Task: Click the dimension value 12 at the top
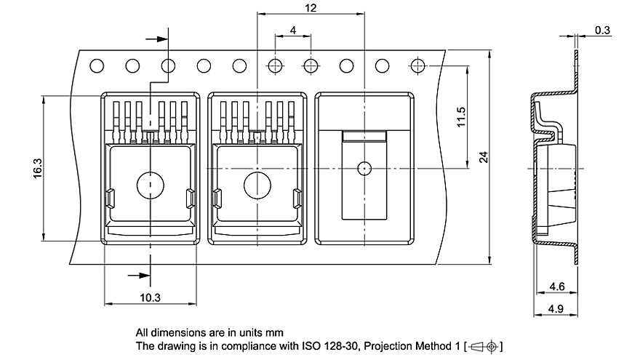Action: coord(311,8)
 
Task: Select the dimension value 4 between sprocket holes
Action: coord(292,30)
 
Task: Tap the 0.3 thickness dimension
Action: coord(602,30)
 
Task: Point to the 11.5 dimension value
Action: coord(461,117)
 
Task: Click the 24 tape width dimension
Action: coord(483,156)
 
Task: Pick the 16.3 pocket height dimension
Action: coord(37,167)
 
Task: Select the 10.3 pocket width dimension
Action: coord(150,297)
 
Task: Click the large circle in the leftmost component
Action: coord(151,185)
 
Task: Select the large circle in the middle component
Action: coord(257,185)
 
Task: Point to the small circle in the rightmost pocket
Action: coord(364,168)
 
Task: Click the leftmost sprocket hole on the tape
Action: coord(97,66)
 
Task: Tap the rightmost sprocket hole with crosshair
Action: coord(417,65)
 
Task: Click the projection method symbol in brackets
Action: coord(483,345)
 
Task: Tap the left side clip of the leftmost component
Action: coord(110,196)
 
